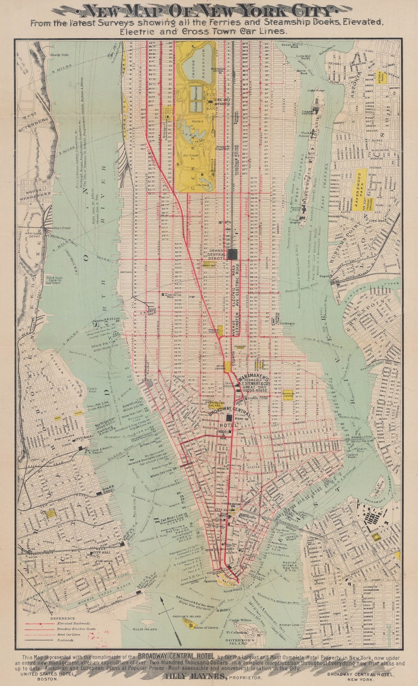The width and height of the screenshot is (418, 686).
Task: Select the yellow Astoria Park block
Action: [x=381, y=76]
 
